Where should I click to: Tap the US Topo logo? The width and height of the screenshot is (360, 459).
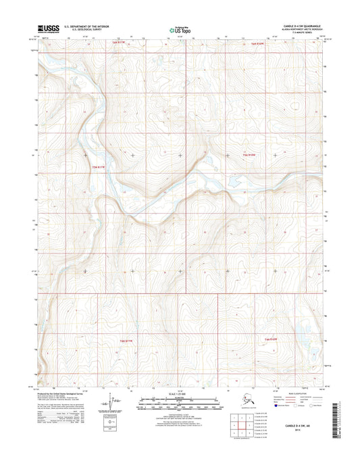pos(179,30)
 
